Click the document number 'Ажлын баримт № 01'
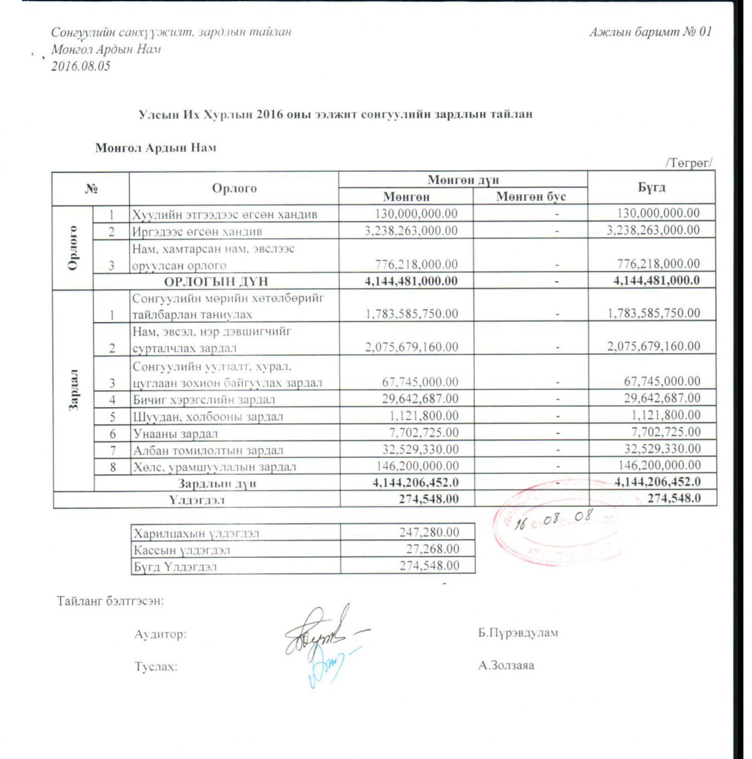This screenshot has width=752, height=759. point(650,32)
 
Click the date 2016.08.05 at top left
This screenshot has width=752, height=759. point(81,66)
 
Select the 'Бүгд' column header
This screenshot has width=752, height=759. point(651,187)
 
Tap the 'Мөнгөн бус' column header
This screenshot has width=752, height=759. point(530,196)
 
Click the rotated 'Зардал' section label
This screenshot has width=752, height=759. point(74,390)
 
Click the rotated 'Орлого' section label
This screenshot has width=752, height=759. point(73,247)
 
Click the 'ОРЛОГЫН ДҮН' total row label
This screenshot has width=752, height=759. point(216,281)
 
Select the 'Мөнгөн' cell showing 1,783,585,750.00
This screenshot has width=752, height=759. point(412,314)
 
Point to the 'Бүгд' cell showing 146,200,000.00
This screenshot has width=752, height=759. point(659,465)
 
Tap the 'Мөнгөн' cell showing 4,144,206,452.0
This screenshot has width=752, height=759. point(415,482)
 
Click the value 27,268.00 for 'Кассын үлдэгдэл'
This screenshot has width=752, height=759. point(432,549)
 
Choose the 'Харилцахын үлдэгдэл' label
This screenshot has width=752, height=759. point(197,533)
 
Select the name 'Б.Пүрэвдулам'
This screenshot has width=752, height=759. point(518,633)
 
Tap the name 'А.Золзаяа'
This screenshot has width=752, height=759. point(506,666)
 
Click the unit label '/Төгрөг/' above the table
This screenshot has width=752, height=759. point(688,163)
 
